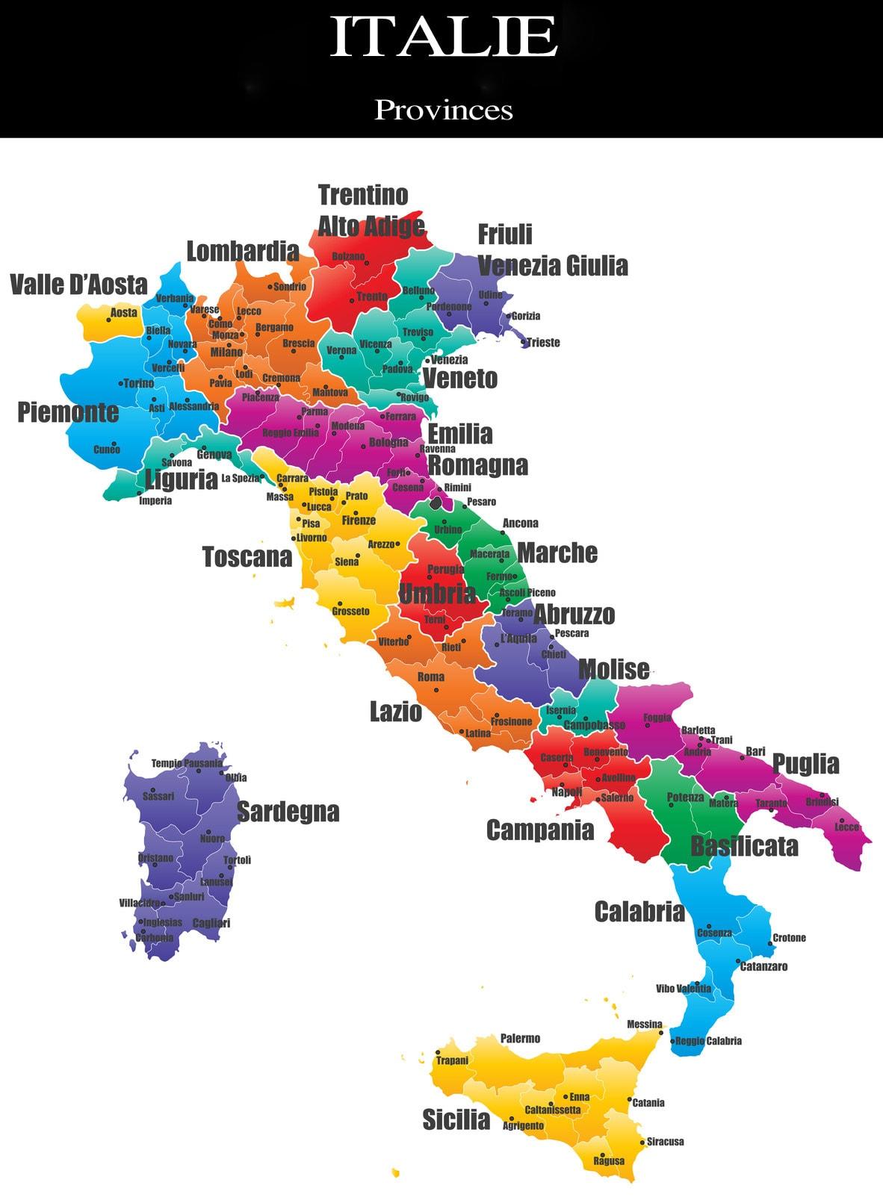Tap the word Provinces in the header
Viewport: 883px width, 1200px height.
point(443,110)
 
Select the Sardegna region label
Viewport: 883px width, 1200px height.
point(288,812)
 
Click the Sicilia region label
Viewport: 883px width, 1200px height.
point(456,1119)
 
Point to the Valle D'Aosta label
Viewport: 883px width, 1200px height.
point(78,285)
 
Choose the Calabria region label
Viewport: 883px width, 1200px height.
point(639,911)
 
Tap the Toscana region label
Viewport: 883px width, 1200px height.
point(247,556)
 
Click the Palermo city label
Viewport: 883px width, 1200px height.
point(520,1038)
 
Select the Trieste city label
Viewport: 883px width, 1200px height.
point(543,343)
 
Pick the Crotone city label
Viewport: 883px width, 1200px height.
point(789,938)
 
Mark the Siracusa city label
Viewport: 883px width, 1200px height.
point(665,1141)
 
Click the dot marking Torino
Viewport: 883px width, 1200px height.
point(121,384)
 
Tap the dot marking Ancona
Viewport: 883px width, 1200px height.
point(504,533)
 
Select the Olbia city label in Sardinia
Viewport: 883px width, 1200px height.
point(235,777)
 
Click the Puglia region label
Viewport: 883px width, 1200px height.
point(805,764)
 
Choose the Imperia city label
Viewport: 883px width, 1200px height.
point(155,501)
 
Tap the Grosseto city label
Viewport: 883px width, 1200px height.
point(350,612)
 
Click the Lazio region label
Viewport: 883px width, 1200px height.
point(396,712)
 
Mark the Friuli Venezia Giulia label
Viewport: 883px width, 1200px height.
point(551,250)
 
